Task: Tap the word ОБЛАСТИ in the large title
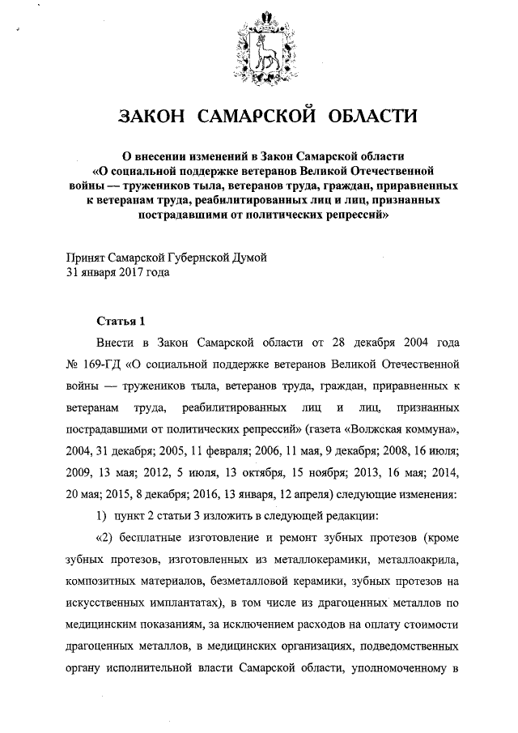click(372, 116)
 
